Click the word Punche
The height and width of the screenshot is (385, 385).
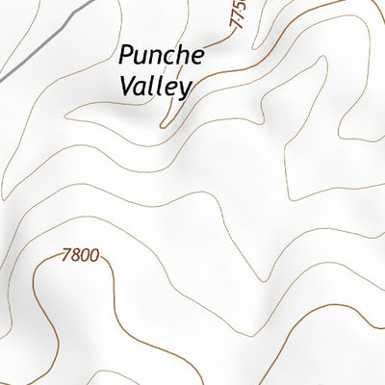click(x=163, y=55)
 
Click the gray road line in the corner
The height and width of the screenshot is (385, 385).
click(x=38, y=38)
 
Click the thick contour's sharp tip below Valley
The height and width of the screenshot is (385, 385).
click(x=162, y=125)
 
